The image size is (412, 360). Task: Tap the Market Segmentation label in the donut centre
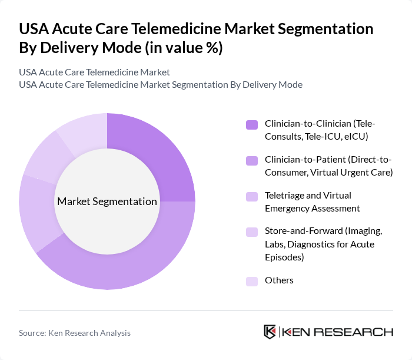107,202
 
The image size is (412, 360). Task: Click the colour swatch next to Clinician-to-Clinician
251,124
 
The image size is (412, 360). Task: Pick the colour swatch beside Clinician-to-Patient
251,160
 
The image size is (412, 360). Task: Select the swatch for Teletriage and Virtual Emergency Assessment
251,196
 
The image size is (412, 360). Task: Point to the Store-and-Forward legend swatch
251,232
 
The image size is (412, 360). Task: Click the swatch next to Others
251,281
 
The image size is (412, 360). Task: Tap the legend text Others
279,280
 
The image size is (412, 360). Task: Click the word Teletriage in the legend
284,195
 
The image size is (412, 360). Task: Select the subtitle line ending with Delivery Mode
161,84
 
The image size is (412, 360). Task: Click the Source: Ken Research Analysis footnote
75,333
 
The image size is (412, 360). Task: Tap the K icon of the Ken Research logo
270,332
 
